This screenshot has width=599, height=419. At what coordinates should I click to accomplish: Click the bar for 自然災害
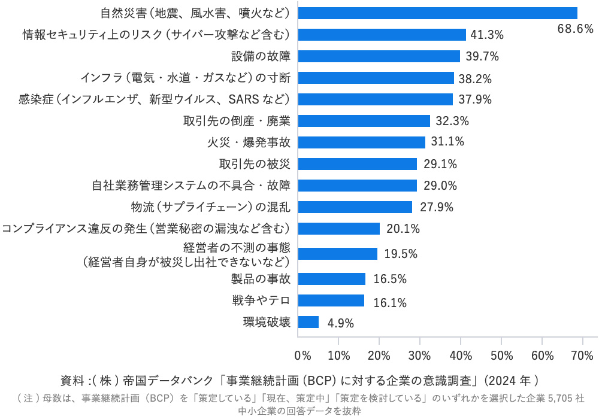click(437, 13)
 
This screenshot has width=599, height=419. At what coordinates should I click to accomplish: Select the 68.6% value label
click(575, 29)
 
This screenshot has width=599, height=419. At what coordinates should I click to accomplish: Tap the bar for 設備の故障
click(379, 56)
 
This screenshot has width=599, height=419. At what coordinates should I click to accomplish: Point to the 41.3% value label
click(487, 35)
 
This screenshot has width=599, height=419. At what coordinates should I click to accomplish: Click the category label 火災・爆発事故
click(247, 142)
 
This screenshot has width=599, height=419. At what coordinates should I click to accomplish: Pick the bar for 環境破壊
click(308, 322)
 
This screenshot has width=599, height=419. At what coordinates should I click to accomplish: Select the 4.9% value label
click(341, 323)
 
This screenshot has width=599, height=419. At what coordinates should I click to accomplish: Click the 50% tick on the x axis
click(501, 356)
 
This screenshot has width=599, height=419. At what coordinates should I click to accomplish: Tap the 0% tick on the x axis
click(302, 356)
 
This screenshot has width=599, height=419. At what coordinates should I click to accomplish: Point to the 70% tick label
click(583, 356)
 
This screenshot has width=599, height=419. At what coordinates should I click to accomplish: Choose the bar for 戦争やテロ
click(331, 300)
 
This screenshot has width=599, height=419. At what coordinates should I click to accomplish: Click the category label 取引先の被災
click(255, 164)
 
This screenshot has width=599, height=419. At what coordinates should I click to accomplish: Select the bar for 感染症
click(375, 99)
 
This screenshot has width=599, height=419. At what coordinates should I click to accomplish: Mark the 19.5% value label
click(401, 254)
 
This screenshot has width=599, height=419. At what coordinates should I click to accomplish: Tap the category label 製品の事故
click(261, 279)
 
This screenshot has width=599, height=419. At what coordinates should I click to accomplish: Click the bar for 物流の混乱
click(355, 207)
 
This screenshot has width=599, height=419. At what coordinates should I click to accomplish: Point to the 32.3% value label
click(452, 121)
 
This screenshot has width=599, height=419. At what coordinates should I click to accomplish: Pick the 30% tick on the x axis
click(420, 356)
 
